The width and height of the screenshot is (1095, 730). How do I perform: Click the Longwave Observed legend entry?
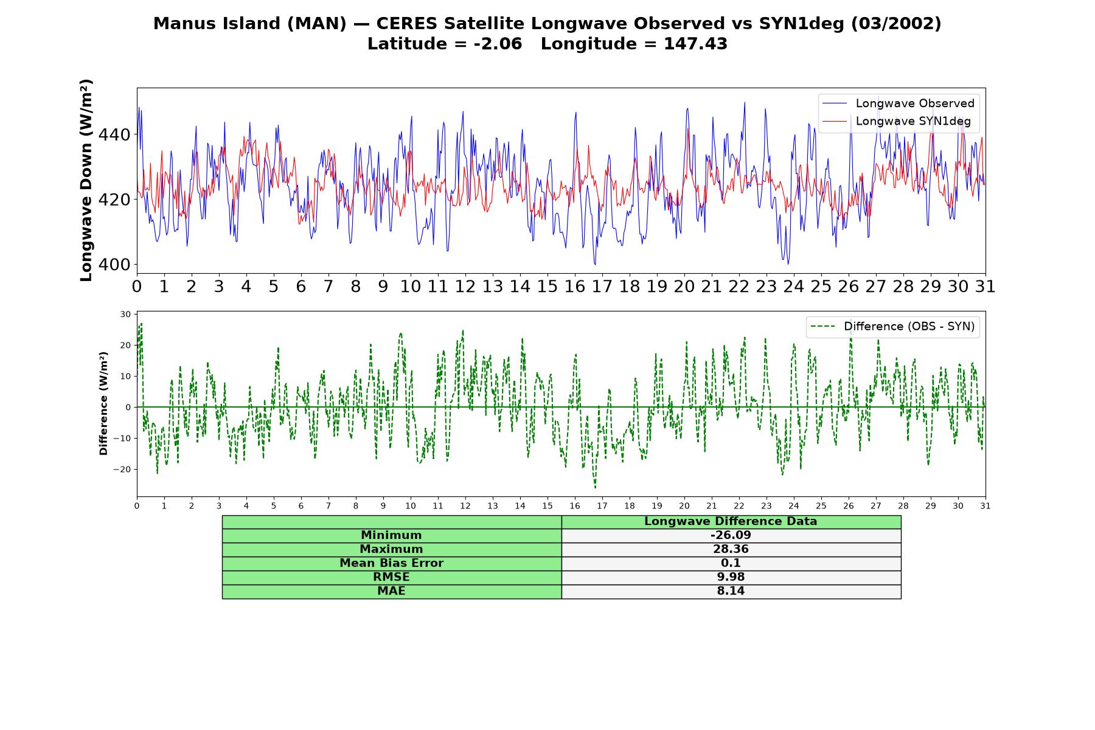(x=898, y=103)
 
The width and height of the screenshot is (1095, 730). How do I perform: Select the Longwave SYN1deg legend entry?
(x=896, y=121)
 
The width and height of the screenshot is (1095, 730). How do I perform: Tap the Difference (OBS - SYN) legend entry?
(x=892, y=327)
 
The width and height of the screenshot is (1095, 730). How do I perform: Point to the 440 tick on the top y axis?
(x=114, y=134)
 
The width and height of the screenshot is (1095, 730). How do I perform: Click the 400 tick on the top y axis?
(x=114, y=265)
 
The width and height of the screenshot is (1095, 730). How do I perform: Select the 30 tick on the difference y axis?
(x=126, y=315)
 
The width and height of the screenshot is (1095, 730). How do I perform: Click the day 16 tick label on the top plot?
(x=574, y=287)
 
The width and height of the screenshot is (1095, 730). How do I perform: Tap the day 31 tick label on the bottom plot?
(x=985, y=506)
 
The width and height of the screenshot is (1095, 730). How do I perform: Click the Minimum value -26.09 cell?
(x=731, y=535)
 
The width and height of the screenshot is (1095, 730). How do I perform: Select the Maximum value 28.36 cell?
(x=731, y=549)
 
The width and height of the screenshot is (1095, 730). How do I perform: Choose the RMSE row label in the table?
(x=391, y=577)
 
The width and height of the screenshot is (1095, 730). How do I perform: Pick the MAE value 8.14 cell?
(x=731, y=591)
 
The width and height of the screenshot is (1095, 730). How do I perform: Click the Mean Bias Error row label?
(x=391, y=563)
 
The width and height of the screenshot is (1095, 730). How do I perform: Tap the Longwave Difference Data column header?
(x=731, y=521)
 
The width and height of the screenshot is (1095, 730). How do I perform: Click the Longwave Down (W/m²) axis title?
(x=86, y=180)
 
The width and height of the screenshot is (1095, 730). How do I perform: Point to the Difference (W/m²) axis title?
(x=103, y=403)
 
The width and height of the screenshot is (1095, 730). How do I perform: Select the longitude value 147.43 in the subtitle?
(x=695, y=44)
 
